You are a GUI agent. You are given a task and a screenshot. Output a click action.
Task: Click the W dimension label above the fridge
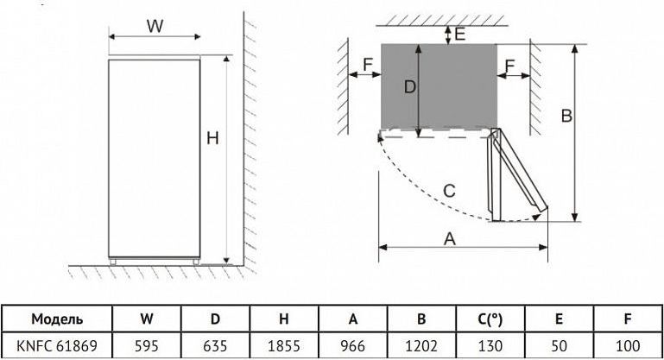point(155,26)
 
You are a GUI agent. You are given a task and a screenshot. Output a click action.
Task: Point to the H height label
point(212,138)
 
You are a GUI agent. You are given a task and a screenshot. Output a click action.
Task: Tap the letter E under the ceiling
point(460,34)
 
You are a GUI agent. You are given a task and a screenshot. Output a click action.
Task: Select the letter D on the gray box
point(410,87)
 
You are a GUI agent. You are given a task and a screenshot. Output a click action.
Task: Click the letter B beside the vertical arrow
point(566,116)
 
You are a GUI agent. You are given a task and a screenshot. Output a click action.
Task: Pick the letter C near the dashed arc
point(449,191)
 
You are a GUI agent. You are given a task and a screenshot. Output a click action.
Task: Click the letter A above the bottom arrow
point(450,239)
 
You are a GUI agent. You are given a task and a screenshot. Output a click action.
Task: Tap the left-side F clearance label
point(368,65)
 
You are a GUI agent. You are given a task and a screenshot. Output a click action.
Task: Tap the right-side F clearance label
point(509,66)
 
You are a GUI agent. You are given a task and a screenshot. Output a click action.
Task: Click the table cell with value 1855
point(284,346)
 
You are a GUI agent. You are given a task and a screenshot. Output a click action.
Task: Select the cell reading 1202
point(421,346)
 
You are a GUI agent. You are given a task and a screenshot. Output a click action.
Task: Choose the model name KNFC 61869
point(57,346)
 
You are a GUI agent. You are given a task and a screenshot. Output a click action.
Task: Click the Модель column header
point(57,319)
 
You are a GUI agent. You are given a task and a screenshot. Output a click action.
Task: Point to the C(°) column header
point(490,319)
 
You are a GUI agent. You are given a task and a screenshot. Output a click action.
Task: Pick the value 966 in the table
point(352,346)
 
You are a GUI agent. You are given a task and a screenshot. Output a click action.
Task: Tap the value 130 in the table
point(490,346)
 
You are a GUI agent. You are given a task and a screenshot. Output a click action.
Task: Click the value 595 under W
point(147,346)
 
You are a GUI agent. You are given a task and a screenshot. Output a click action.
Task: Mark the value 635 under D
point(215,346)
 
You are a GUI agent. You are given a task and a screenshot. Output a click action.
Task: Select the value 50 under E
point(559,346)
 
